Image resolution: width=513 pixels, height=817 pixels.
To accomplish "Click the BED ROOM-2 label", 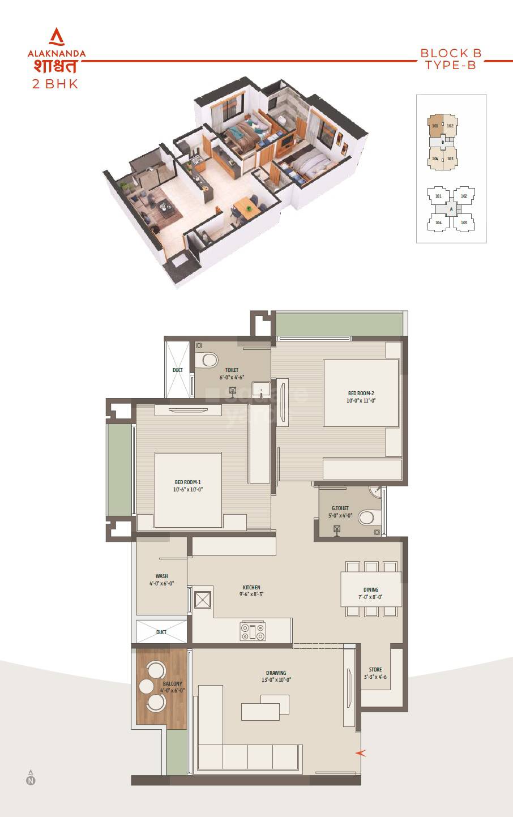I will [361, 393].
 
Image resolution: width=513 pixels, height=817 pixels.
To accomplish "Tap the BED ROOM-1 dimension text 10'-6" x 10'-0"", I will [188, 490].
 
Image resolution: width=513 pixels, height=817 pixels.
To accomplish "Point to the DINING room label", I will [371, 590].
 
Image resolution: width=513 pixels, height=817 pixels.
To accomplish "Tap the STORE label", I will [375, 670].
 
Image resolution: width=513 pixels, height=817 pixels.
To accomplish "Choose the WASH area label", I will [161, 576].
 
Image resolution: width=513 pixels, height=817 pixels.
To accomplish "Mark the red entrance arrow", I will [360, 753].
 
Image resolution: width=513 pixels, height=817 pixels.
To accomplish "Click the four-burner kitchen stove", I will [253, 631].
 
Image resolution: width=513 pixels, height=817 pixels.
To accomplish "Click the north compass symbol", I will [31, 779].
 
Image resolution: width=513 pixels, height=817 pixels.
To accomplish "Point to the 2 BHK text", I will [55, 84].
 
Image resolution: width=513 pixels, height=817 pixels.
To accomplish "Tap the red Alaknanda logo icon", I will [57, 37].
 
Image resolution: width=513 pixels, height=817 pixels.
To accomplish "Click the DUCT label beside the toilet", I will [178, 370].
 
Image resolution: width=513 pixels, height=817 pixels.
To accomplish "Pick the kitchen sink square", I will [203, 600].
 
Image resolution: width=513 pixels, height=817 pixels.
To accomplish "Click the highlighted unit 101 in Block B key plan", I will [434, 126].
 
